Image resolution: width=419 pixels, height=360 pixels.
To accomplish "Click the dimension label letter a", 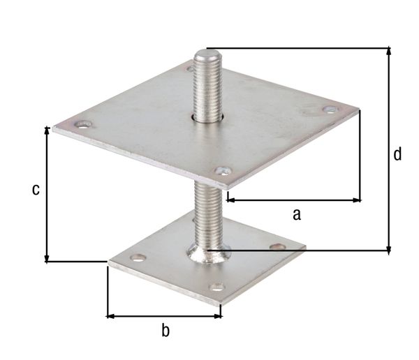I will point(296,214).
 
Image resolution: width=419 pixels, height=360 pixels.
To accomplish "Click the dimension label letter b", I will point(166,330).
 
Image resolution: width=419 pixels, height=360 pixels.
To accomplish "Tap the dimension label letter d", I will point(397,154).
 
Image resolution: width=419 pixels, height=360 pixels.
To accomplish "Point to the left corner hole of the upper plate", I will point(84,126).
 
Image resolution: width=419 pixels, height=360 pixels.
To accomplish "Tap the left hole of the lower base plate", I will point(137,258).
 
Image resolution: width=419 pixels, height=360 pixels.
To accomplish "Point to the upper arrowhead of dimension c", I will point(47,130).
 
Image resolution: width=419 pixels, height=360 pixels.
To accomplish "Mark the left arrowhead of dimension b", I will point(110,316).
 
